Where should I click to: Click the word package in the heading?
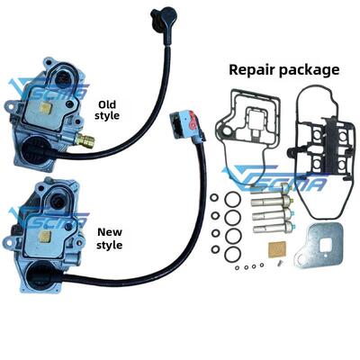pos(310,71)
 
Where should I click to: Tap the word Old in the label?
pos(107,104)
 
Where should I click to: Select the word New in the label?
pos(110,232)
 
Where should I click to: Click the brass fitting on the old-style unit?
pos(85,139)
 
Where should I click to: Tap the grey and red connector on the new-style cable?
pos(186,124)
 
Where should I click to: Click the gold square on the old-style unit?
pos(46,107)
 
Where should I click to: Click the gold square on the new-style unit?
pos(46,237)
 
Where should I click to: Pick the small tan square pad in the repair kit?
pos(276,248)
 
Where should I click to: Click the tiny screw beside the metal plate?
pos(280,263)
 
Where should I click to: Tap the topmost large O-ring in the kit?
pos(232,199)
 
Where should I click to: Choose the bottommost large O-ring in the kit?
pos(232,254)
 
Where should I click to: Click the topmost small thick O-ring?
pos(214,198)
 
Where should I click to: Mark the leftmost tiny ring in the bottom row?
pos(238,267)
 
